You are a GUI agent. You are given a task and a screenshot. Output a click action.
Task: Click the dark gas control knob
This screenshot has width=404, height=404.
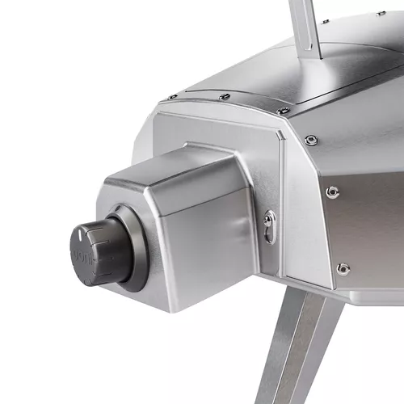(95, 252)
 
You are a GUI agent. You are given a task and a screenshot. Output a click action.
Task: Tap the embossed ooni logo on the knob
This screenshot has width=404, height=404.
(81, 256)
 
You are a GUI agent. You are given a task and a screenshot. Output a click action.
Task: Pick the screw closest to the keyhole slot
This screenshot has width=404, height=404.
(332, 191)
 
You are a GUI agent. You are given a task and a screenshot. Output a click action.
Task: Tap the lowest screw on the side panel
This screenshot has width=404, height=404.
(343, 267)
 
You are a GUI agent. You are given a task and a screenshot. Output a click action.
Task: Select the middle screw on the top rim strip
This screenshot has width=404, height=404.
(225, 97)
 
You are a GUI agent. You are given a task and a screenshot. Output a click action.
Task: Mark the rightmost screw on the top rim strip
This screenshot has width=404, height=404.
(282, 111)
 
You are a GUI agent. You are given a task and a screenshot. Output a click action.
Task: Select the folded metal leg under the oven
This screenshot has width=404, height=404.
(303, 347)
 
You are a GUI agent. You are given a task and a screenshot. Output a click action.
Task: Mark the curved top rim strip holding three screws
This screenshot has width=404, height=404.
(234, 101)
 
